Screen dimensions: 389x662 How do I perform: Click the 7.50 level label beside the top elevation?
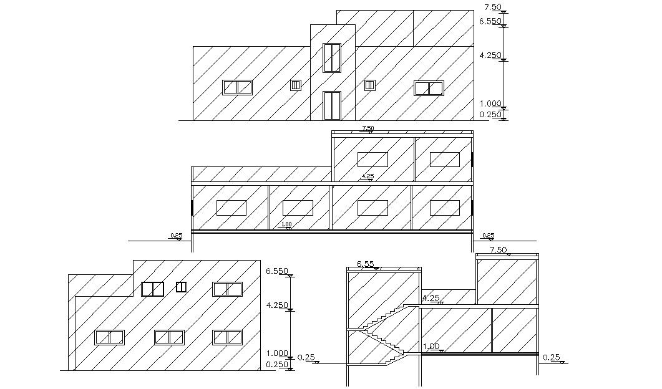pos(492,7)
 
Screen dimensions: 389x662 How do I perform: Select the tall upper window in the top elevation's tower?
pos(332,57)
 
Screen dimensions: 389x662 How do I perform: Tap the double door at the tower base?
pos(332,105)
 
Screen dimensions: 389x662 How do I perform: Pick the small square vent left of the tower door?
pos(296,85)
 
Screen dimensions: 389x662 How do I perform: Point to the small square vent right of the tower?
pos(369,85)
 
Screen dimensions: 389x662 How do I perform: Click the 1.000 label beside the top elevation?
pos(490,103)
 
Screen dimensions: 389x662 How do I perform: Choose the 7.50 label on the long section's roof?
pos(368,128)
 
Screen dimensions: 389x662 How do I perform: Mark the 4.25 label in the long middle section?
pos(368,176)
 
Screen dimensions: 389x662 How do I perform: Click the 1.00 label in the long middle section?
pos(286,224)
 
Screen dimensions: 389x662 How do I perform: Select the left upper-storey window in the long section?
pos(372,159)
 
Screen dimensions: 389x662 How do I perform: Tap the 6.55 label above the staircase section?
pos(366,264)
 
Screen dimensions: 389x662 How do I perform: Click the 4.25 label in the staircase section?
pos(431,299)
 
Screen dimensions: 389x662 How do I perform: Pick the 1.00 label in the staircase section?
pos(431,347)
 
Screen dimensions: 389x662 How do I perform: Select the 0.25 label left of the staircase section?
pos(306,357)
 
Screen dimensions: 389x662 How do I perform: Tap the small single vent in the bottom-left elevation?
pos(182,287)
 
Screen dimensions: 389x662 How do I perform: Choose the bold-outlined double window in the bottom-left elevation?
pos(152,289)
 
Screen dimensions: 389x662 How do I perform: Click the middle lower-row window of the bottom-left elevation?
pos(170,337)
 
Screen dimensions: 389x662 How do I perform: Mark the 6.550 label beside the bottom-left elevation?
pos(276,271)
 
